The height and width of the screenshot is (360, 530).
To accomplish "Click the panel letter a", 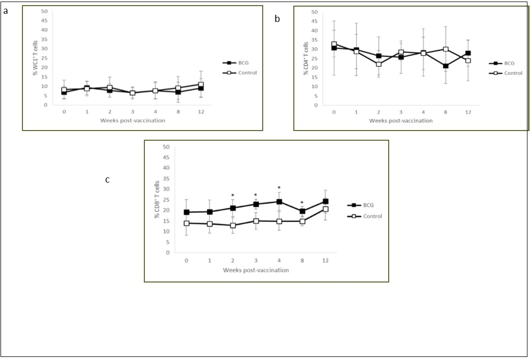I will point(5,11).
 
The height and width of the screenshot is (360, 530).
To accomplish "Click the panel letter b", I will point(277,19).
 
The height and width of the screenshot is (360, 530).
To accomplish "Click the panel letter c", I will point(107,179).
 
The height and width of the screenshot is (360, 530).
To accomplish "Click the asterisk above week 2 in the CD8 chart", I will point(233,196).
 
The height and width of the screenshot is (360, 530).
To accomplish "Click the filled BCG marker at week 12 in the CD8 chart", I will point(325,201).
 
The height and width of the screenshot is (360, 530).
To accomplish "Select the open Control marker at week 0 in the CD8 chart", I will point(187,223).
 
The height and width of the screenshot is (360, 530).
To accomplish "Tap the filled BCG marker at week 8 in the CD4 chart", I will point(446,66).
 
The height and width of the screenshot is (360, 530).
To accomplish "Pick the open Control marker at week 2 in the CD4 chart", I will point(378,64).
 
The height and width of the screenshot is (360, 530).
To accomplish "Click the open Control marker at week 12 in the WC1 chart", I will point(201,85).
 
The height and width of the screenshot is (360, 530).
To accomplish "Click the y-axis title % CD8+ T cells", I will point(158,199).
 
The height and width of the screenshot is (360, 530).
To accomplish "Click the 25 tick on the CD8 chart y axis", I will point(166,199).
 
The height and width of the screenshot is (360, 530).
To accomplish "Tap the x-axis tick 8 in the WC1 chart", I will point(178,112).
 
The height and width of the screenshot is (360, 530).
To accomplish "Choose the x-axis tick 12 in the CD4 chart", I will point(468,112).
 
